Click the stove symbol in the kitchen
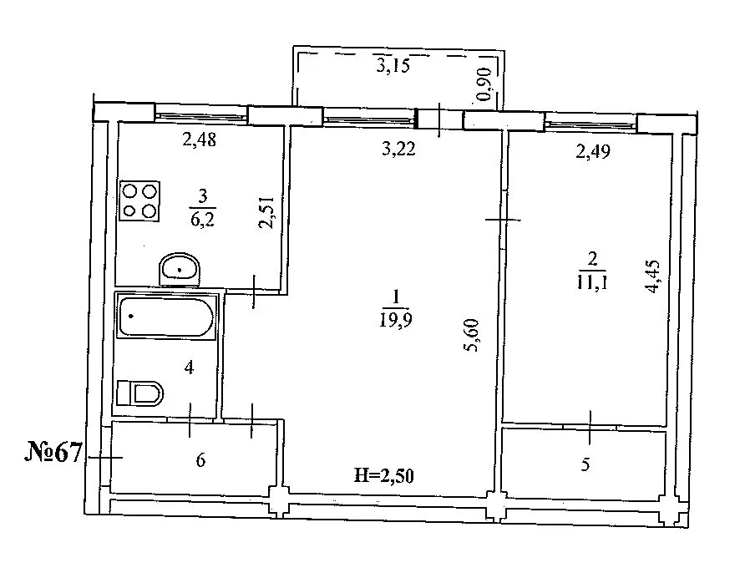(x=140, y=201)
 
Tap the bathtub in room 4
(x=166, y=317)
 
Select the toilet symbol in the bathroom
(x=139, y=393)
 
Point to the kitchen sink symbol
(x=180, y=270)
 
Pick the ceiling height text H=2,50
(x=383, y=475)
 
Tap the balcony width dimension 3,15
(x=393, y=65)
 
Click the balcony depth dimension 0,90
(x=484, y=85)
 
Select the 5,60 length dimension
(x=471, y=335)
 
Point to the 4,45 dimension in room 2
(x=654, y=276)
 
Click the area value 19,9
(x=396, y=321)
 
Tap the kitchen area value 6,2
(x=202, y=219)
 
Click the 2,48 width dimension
(x=199, y=139)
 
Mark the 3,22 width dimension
(x=398, y=150)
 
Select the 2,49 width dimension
(x=593, y=151)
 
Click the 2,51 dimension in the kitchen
(x=267, y=213)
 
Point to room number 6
(x=200, y=460)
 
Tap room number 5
(x=585, y=464)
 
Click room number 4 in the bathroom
(x=190, y=367)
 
